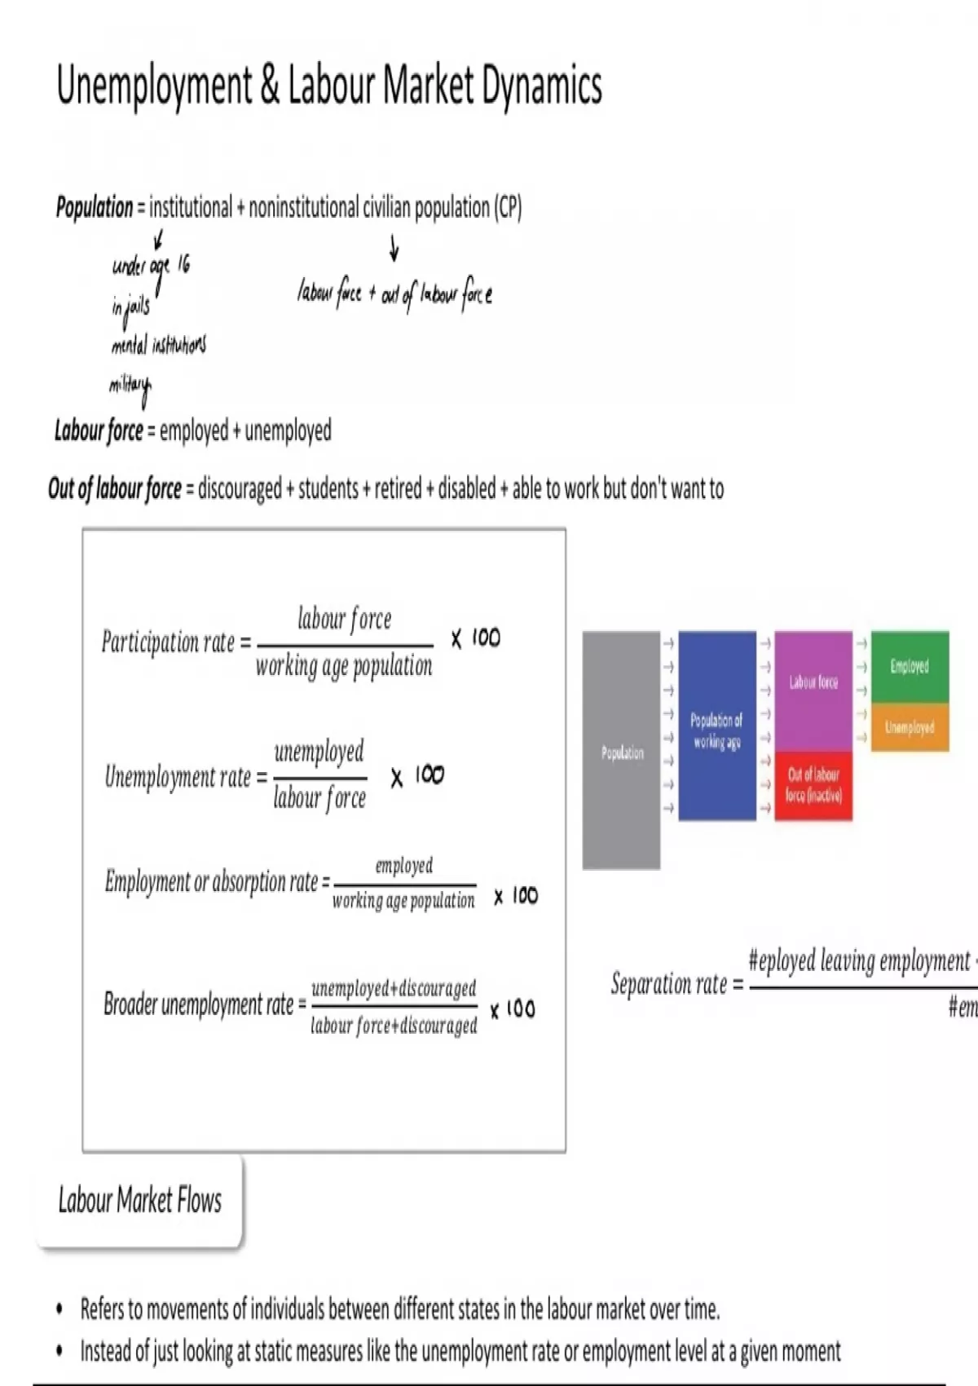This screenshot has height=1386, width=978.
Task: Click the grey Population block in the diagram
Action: click(x=621, y=750)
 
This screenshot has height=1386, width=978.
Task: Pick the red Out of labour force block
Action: click(x=813, y=785)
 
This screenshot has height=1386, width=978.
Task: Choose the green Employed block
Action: click(x=910, y=667)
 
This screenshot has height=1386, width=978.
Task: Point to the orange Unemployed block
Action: click(x=910, y=726)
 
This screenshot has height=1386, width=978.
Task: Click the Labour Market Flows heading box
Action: click(x=139, y=1200)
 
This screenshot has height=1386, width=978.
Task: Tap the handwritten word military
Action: click(x=130, y=386)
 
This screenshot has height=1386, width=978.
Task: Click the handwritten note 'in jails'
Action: click(x=130, y=307)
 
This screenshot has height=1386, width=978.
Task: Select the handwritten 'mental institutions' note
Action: click(x=158, y=345)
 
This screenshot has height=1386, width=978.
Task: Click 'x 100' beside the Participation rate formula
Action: click(x=476, y=638)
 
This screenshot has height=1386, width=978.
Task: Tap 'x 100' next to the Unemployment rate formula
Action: click(x=416, y=775)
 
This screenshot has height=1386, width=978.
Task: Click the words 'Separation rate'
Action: click(x=668, y=984)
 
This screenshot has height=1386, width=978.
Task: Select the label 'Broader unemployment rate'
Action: click(x=198, y=1004)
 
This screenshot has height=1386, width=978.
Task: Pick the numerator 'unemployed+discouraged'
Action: click(x=394, y=988)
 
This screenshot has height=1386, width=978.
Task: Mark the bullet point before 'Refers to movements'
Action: click(x=59, y=1310)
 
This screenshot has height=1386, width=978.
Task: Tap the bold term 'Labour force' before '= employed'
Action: click(x=99, y=430)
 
